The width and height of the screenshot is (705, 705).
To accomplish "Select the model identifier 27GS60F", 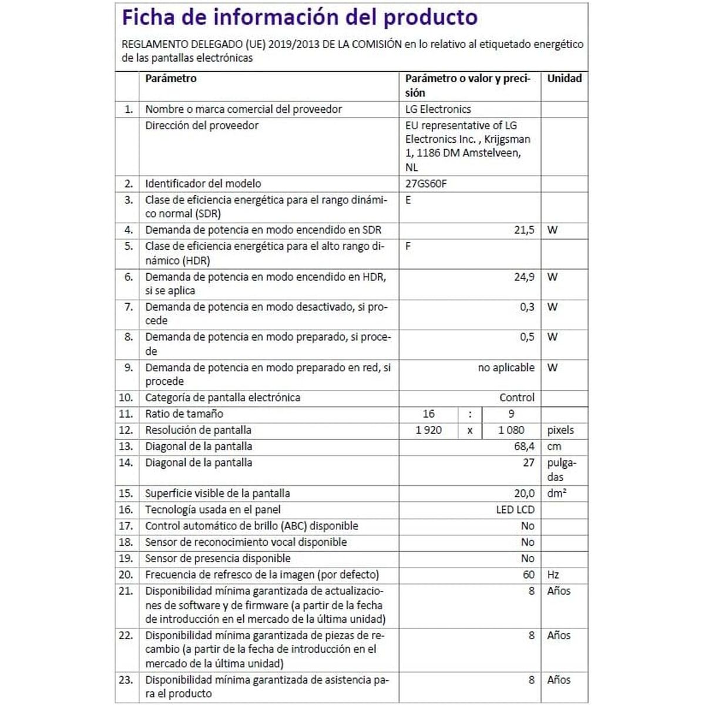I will tap(426, 184).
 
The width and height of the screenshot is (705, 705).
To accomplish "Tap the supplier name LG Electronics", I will tap(438, 109).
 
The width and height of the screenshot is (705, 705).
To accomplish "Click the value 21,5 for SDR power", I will tap(524, 230).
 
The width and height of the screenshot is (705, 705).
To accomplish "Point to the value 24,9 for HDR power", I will tap(524, 277).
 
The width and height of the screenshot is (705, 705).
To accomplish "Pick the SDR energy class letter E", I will tap(408, 200).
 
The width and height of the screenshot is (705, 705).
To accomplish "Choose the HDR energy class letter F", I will tap(408, 247).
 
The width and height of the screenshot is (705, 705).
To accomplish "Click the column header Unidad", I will tap(564, 79).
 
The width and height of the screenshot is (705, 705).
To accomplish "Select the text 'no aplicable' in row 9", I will tap(506, 368).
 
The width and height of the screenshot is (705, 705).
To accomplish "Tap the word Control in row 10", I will tap(517, 398).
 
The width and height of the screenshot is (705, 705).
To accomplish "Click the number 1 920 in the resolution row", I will tap(428, 430).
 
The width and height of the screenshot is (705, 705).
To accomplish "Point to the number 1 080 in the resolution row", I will tap(511, 430).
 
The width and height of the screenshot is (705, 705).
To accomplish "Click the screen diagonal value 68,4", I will tap(524, 446).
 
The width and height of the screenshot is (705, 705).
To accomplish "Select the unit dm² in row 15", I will tap(556, 493).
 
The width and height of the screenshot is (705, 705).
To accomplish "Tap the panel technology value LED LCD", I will tap(515, 510).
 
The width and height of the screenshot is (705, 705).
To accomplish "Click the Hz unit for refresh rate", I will tap(553, 575).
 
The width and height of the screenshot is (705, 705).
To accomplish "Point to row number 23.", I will tap(126, 680).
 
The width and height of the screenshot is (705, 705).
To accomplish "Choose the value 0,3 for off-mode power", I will tap(527, 307).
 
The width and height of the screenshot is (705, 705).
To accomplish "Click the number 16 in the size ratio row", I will tap(428, 414).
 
